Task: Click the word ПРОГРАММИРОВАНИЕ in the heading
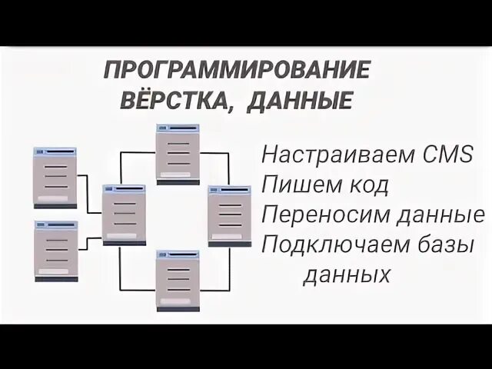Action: point(237,71)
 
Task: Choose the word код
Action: point(366,184)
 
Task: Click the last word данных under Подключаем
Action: point(346,274)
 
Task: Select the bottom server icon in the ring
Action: point(178,280)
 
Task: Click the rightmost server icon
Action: point(229,216)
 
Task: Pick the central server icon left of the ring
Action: point(124,214)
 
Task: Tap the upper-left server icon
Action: point(55,178)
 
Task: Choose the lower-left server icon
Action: point(55,251)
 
